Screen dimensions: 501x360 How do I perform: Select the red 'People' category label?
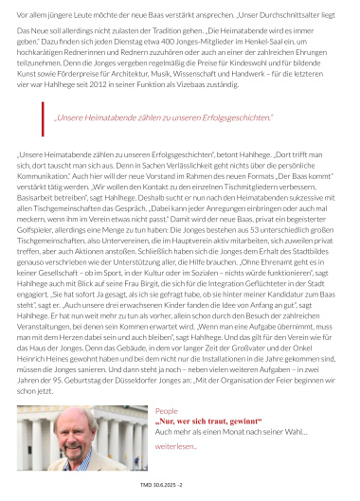coord(166,438)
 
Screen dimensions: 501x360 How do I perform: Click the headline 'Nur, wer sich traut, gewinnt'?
coord(208,447)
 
